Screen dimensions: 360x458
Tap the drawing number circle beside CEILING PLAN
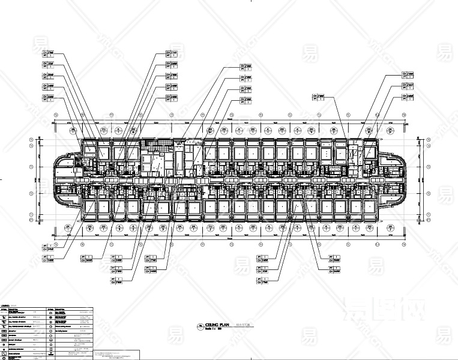(x=200, y=326)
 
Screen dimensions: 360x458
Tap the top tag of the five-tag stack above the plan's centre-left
(x=171, y=53)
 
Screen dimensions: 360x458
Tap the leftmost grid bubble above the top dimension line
(x=56, y=114)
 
